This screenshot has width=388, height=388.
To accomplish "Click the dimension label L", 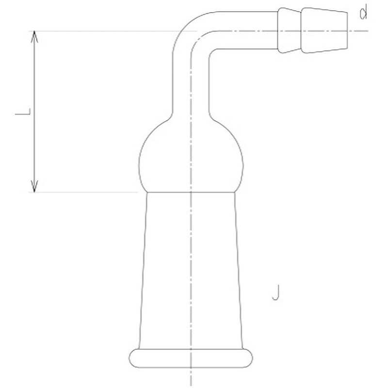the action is point(23,112).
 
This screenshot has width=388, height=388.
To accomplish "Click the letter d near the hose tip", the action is point(363,14).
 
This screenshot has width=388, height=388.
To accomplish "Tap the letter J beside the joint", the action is point(276,292).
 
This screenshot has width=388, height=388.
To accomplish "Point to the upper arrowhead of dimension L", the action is point(34,36).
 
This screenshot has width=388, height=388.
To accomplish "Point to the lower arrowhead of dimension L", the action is point(34,186).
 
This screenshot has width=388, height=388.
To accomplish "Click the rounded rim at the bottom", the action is point(191,358).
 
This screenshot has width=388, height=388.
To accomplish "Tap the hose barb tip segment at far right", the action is point(324,30).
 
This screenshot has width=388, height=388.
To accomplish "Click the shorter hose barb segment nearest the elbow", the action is point(289,30).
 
